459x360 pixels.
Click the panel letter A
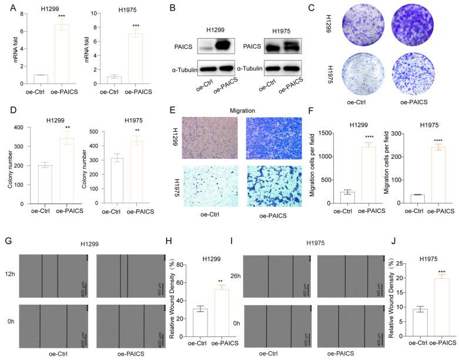click(x=6, y=7)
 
